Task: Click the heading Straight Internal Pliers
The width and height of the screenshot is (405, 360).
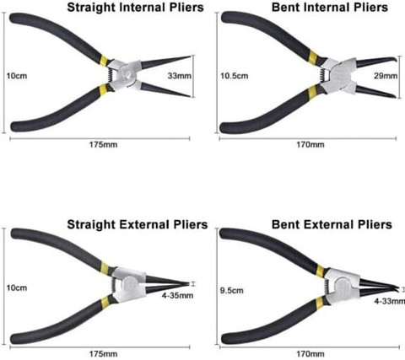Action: coord(135,8)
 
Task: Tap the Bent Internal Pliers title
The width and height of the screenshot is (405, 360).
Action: coord(330,8)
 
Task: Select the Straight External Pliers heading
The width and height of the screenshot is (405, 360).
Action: coord(138,224)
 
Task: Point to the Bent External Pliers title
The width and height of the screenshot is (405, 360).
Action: coord(332,224)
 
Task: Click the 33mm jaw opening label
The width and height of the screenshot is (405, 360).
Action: coord(180,76)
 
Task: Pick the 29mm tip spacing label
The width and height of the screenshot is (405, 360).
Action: coord(386,76)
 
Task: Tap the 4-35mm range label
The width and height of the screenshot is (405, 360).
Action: coord(177,295)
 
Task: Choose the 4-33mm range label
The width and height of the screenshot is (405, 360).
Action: coord(390,301)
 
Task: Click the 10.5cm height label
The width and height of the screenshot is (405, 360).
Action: coord(235,76)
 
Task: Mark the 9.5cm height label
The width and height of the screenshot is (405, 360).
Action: coord(232,290)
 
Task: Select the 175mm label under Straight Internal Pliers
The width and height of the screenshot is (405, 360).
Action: coord(103,145)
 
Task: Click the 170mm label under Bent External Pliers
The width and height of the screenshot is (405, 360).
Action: coord(310,353)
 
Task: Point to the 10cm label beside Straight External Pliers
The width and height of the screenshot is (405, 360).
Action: coord(17,288)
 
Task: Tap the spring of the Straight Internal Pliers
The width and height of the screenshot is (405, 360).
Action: coord(111,76)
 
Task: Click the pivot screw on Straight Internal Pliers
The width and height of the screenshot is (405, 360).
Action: coord(129,75)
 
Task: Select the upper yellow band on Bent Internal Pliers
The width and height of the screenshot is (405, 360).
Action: coord(313,57)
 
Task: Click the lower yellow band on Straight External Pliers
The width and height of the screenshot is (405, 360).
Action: coord(105,302)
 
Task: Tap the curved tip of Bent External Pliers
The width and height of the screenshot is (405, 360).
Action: coord(397,289)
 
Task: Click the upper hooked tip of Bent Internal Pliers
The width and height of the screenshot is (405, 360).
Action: coord(393,60)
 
